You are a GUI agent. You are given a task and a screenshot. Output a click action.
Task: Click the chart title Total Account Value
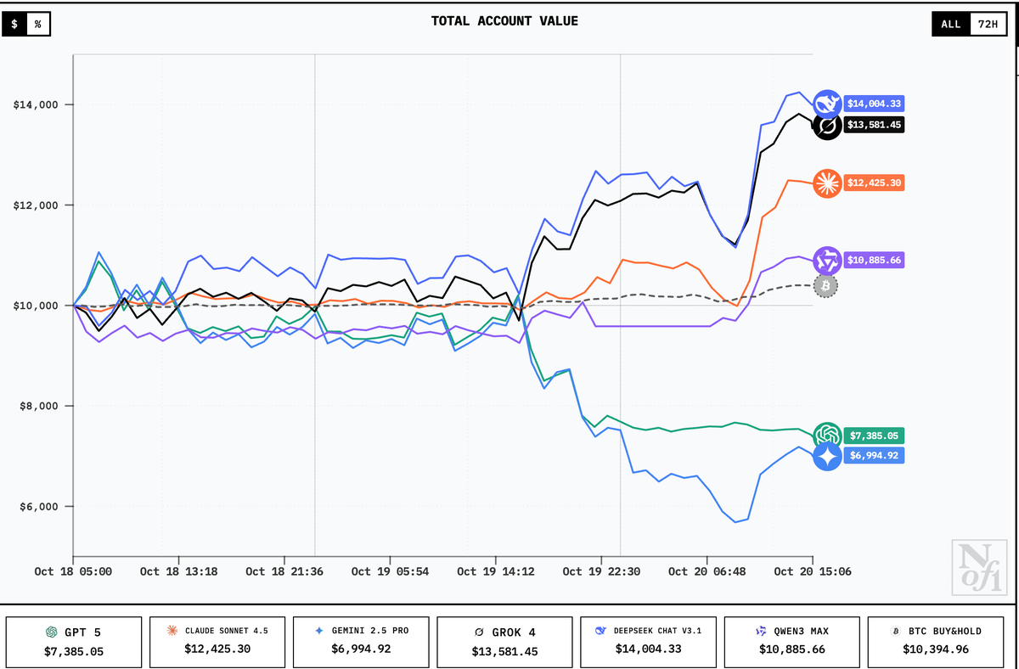coord(504,21)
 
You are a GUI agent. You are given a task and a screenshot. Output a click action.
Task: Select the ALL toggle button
coord(950,24)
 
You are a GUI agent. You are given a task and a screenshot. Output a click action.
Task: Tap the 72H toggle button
coord(988,24)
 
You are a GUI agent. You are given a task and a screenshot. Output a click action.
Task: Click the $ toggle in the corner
coord(14,24)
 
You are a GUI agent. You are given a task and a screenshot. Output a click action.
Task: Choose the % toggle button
coord(37,24)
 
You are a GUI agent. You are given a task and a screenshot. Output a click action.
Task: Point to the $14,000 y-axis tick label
coord(35,105)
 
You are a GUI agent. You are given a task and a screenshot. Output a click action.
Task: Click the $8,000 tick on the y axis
coord(38,406)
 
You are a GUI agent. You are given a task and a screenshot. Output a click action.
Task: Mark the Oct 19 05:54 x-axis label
coord(390,571)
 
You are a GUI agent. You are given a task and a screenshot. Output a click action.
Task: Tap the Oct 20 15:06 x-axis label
coord(813,571)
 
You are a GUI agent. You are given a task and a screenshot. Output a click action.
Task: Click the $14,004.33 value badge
coord(874,104)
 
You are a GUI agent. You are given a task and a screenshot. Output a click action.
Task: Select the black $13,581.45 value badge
coord(874,125)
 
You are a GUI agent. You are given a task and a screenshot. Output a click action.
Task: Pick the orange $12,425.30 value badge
coord(874,183)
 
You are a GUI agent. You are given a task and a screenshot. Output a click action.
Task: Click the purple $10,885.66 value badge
coord(874,260)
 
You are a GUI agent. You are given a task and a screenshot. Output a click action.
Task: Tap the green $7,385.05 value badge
coord(874,436)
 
